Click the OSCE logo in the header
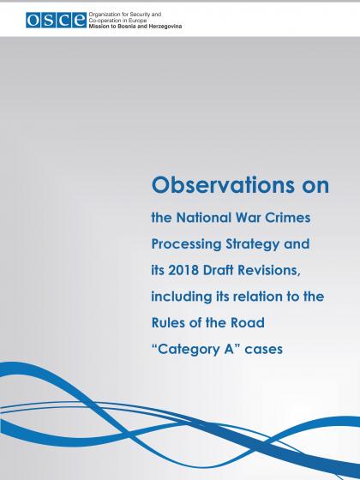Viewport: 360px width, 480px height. pyautogui.click(x=56, y=21)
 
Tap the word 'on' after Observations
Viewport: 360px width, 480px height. pyautogui.click(x=315, y=186)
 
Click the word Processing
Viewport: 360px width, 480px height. pyautogui.click(x=187, y=244)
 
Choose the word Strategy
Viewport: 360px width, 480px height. pyautogui.click(x=253, y=244)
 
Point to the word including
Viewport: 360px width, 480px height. pyautogui.click(x=182, y=297)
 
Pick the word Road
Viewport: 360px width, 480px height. pyautogui.click(x=248, y=323)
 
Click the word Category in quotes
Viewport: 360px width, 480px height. pyautogui.click(x=189, y=350)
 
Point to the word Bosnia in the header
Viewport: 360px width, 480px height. pyautogui.click(x=127, y=27)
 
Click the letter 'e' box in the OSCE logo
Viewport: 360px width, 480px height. pyautogui.click(x=79, y=21)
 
